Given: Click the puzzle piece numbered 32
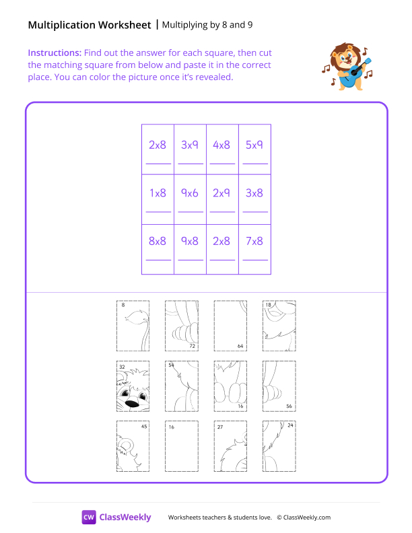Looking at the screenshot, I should pyautogui.click(x=133, y=387).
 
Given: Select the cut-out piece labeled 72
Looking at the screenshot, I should pyautogui.click(x=181, y=326).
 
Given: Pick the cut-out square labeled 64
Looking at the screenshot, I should pyautogui.click(x=230, y=326).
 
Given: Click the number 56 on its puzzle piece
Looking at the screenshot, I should pyautogui.click(x=288, y=406).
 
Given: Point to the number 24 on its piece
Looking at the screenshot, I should pyautogui.click(x=289, y=426).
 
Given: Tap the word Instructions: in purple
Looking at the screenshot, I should pyautogui.click(x=55, y=52).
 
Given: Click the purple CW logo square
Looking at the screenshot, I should pyautogui.click(x=89, y=517).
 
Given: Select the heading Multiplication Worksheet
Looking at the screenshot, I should pyautogui.click(x=90, y=26).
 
